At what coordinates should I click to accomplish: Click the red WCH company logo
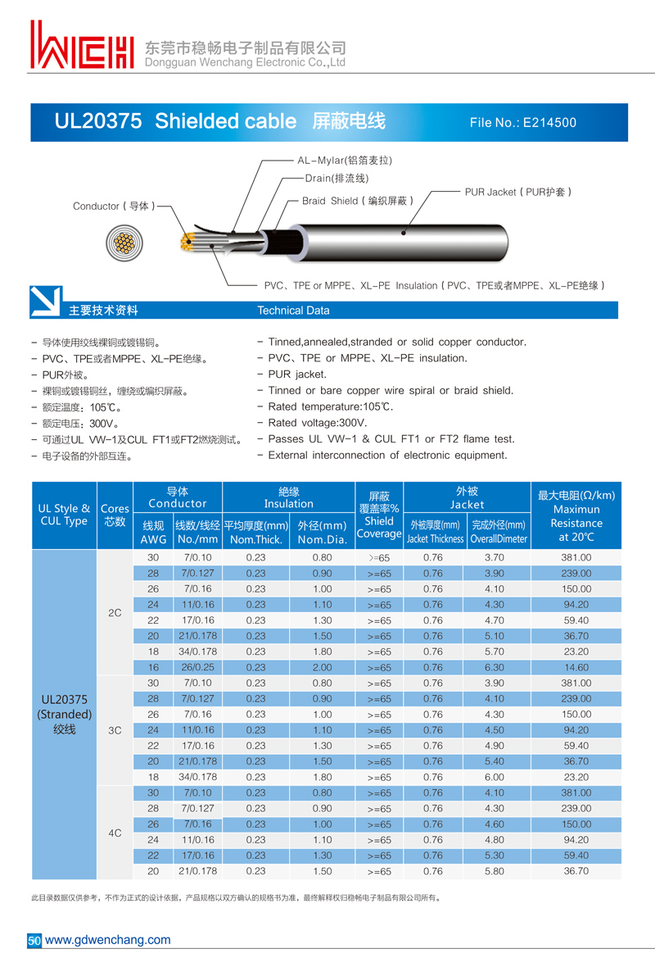pos(82,46)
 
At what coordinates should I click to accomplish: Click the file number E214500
pos(523,123)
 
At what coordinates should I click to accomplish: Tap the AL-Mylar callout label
pos(344,161)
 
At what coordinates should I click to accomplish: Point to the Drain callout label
pos(337,179)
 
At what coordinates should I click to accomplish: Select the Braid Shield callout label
pos(357,201)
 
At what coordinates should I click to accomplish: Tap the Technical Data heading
pos(293,311)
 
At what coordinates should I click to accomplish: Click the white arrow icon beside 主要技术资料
pos(45,302)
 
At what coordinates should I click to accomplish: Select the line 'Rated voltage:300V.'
pos(318,423)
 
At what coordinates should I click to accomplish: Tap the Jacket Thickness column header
pos(435,531)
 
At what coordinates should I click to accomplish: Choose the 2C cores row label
pos(115,612)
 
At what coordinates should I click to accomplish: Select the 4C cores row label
pos(115,833)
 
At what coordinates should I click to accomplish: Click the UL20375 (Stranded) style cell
pos(64,714)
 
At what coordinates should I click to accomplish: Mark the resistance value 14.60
pos(576,667)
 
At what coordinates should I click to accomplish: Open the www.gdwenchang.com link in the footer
pos(107,940)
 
